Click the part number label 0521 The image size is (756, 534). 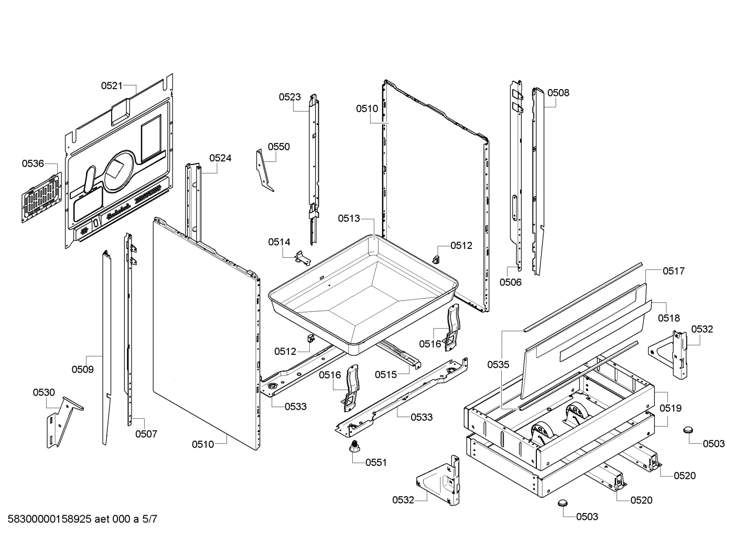coord(112,86)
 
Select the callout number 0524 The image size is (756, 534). coord(220,158)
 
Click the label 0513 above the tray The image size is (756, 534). coord(349,219)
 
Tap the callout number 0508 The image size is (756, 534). coord(558,93)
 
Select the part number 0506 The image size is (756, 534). coord(510,282)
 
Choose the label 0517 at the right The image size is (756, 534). coord(674,271)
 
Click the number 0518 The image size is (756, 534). coord(669,318)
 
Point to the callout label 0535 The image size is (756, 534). coord(498,365)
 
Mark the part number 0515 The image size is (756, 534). coord(385,374)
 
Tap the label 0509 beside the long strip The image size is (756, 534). coord(83,369)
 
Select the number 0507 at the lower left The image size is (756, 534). coord(146,434)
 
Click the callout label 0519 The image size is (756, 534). coord(671,408)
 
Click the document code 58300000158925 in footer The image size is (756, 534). coord(47,519)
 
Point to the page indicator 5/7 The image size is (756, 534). coord(149,519)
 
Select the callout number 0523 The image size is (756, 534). coord(290,97)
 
